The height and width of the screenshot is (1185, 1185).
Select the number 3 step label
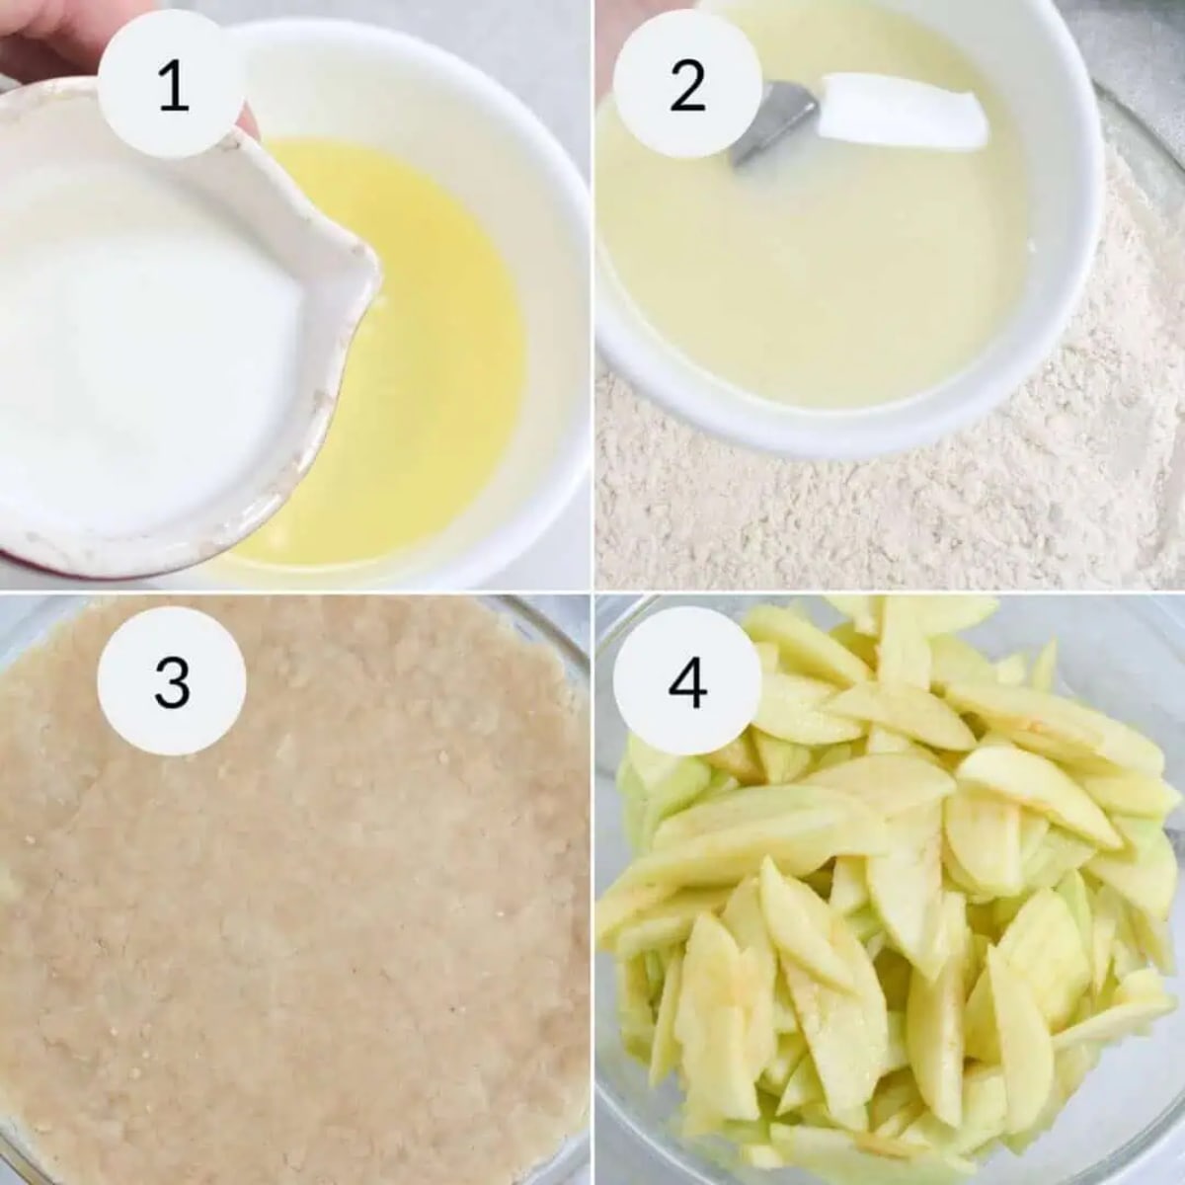point(172,683)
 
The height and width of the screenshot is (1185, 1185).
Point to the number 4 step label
point(687,683)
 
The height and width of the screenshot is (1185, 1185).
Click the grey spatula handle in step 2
point(772,126)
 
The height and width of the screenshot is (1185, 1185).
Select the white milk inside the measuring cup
point(141,289)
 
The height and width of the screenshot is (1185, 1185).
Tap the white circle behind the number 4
point(687,681)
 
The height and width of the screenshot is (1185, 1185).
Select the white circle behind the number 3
point(172,681)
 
